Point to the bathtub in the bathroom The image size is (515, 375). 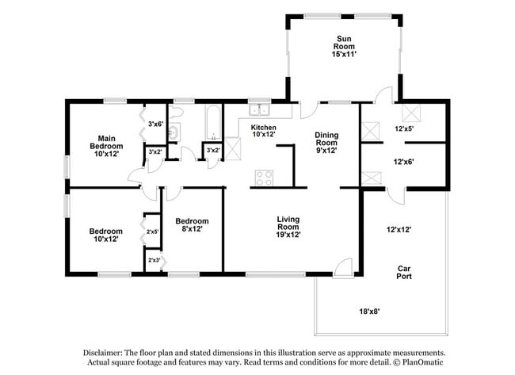coord(214,122)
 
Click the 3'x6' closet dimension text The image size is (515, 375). coord(156,124)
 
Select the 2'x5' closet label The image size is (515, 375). coord(153,232)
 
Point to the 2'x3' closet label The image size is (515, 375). coord(153,260)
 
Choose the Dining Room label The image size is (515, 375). coord(326,140)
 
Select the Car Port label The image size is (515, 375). coord(404,272)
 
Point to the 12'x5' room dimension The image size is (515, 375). coord(404,128)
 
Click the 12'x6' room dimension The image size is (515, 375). coord(404,162)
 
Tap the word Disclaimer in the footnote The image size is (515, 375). coord(107,353)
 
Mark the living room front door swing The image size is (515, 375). coord(342,268)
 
